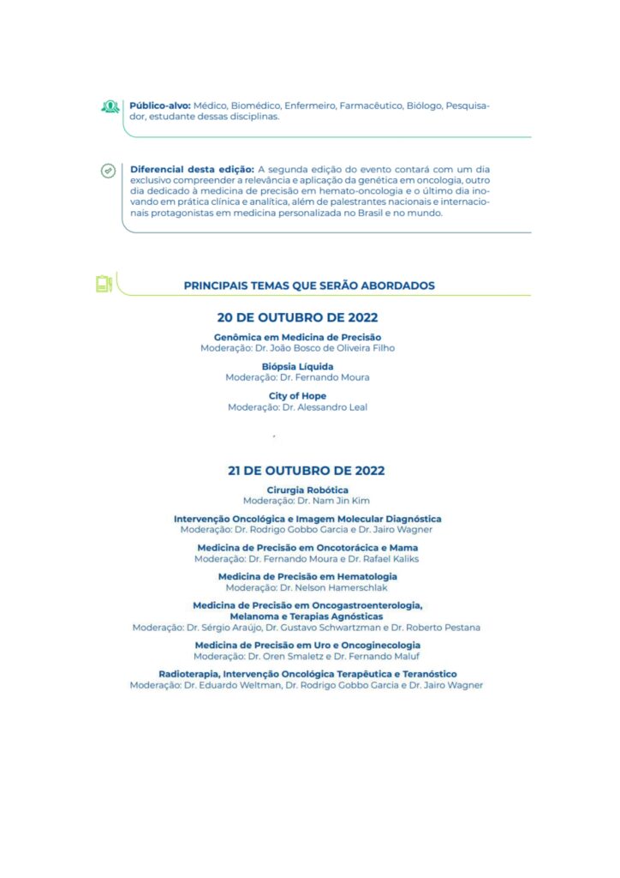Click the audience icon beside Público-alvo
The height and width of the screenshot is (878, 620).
point(110,107)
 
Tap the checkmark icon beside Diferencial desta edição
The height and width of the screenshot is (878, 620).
point(108,171)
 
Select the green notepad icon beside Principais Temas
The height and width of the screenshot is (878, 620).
point(104,283)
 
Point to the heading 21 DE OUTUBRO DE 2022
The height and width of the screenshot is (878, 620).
point(306,471)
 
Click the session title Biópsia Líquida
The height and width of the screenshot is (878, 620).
point(297,367)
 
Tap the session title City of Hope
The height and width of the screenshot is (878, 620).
point(297,396)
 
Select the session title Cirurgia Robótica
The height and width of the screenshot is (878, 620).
point(307,490)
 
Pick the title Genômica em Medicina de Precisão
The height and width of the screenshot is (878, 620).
point(297,338)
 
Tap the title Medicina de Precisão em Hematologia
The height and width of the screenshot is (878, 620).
point(307,577)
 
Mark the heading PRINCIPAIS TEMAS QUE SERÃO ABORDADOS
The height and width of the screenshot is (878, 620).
point(309,286)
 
